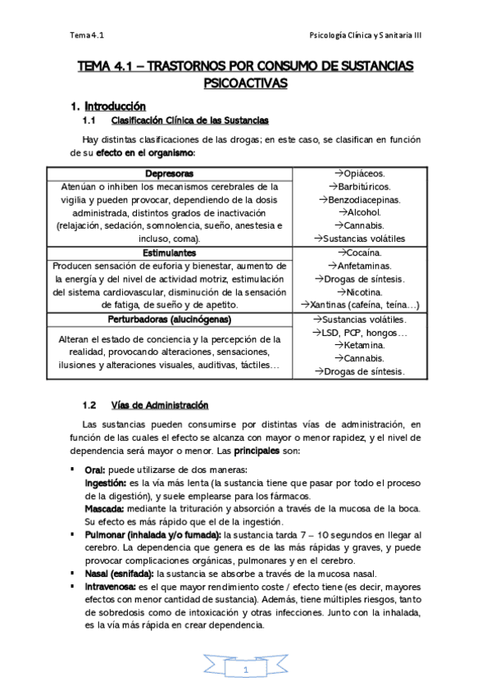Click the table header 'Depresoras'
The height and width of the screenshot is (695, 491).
170,174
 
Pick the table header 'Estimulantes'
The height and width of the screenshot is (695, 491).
170,252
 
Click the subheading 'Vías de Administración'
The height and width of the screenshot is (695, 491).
159,405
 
